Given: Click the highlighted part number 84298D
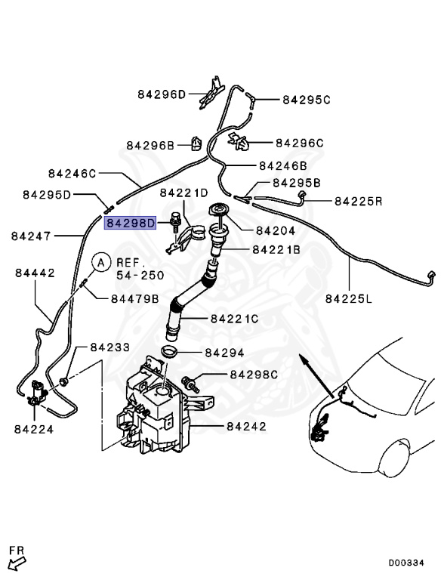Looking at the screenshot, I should [x=130, y=223].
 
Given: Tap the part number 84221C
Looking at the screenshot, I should [x=235, y=319].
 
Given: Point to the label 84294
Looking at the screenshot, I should [x=224, y=353].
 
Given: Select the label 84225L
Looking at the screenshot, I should [x=349, y=298].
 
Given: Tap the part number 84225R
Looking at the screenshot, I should [x=359, y=201].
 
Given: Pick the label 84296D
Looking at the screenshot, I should [x=162, y=94].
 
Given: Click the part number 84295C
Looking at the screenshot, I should [x=307, y=99].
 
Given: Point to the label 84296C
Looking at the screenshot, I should [x=299, y=142].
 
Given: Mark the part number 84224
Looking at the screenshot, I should [x=33, y=429].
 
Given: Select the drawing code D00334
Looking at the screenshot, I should [x=412, y=563].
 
